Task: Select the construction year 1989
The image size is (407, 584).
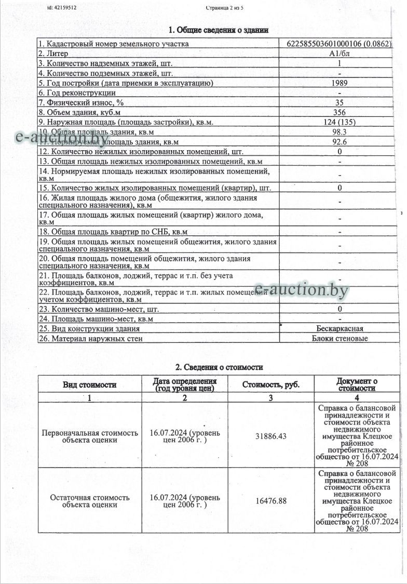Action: click(x=340, y=83)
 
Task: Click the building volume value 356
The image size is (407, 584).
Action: click(x=340, y=112)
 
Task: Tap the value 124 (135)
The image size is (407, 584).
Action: click(x=340, y=122)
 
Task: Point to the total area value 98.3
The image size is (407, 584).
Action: click(x=340, y=132)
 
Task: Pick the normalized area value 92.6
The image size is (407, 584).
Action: click(x=340, y=141)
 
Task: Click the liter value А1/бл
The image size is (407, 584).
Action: click(x=340, y=54)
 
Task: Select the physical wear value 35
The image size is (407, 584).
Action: click(x=340, y=102)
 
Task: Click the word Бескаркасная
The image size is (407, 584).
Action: click(x=340, y=328)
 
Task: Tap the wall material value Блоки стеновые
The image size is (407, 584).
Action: click(x=340, y=338)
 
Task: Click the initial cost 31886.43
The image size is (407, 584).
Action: click(x=271, y=436)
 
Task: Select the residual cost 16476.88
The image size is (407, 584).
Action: click(x=271, y=500)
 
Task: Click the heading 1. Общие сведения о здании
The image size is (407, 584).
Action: click(x=219, y=30)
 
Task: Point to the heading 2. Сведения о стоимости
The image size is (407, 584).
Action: click(x=219, y=367)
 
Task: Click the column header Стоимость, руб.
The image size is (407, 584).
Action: click(x=271, y=385)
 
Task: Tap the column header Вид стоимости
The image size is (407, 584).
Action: click(x=90, y=385)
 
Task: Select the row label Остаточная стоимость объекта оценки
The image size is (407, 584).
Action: click(x=90, y=501)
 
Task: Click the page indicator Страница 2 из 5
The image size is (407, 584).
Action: click(x=224, y=8)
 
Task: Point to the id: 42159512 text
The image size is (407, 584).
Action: click(x=62, y=8)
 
